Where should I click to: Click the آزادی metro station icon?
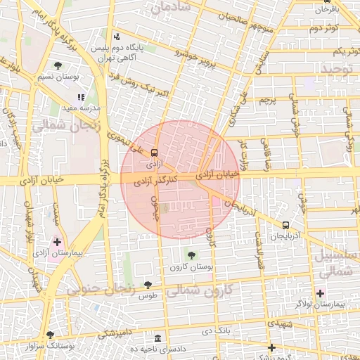pos(155,151)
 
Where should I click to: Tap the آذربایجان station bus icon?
pos(285,225)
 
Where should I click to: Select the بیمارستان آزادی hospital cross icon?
pos(57,242)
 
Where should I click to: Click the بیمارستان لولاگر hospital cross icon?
pos(321,292)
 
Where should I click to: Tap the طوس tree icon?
pos(148,284)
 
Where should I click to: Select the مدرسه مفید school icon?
pos(81,97)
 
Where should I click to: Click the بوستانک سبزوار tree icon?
pos(49,335)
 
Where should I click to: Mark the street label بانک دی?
pos(217,329)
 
